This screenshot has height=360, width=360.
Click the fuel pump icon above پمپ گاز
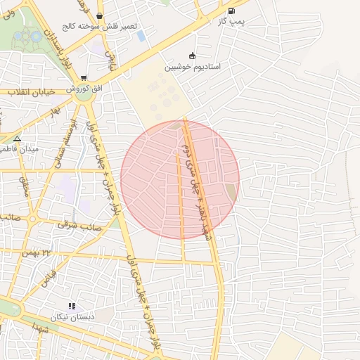pos(232,11)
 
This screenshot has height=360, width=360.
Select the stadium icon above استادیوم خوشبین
pos(192,56)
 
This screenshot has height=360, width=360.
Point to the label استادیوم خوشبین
pos(192,67)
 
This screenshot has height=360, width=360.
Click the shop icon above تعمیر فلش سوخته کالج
pos(98,15)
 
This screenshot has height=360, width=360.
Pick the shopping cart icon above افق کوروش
pos(84,78)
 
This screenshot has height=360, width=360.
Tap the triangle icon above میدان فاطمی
pos(18,139)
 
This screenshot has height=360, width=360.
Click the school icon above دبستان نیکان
pos(72,306)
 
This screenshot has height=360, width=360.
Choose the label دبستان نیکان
pos(73,316)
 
